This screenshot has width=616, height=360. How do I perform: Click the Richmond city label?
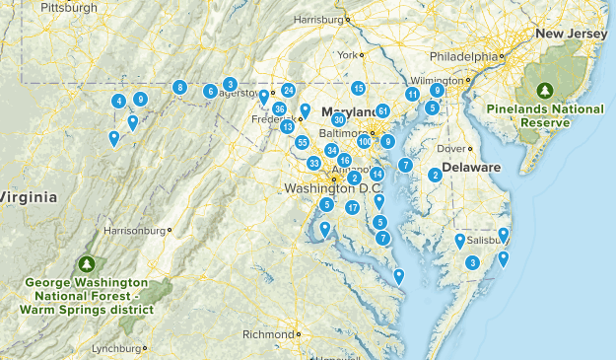pos(268,333)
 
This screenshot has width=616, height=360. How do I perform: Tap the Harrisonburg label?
pos(133,231)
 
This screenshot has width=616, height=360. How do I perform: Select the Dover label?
pos(449,149)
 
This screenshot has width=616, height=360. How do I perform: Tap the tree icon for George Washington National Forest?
pos(88,264)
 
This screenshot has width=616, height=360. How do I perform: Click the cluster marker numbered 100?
pos(365,142)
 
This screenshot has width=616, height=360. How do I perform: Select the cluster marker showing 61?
pos(382,111)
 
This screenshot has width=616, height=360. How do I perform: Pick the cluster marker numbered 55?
pos(303,143)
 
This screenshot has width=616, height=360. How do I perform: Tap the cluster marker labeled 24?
pos(288,91)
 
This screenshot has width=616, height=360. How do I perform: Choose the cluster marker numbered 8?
pos(179,87)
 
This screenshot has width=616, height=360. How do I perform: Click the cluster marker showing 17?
pos(352,207)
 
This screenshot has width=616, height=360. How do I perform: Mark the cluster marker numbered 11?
pos(412,95)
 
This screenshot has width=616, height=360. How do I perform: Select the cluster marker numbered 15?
pos(359,88)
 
